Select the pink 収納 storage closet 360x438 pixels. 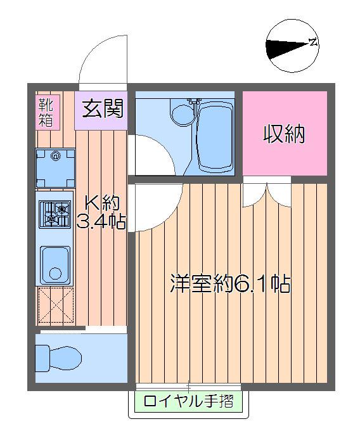[x=285, y=134]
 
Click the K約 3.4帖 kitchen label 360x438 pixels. [x=101, y=212]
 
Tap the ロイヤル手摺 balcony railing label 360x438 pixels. [x=188, y=401]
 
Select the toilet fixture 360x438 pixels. [x=58, y=356]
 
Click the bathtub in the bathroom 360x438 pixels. [x=215, y=137]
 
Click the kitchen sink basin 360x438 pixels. [x=56, y=263]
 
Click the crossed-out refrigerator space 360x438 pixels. [x=56, y=306]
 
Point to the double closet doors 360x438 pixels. [x=266, y=193]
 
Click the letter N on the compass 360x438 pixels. [x=312, y=43]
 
